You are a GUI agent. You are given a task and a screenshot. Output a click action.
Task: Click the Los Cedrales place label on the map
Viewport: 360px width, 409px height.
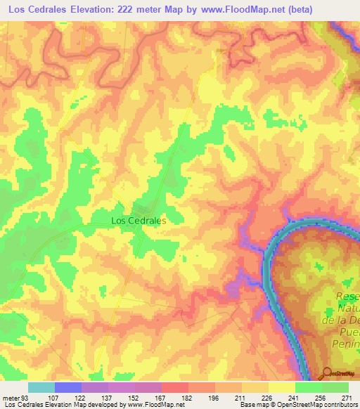point(139,220)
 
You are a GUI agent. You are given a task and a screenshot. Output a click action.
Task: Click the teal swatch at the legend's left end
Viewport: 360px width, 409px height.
point(41,387)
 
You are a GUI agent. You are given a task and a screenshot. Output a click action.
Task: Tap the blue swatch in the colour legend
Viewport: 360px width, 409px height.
point(68,387)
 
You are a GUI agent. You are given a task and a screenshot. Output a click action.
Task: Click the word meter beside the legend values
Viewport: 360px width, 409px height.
point(11,398)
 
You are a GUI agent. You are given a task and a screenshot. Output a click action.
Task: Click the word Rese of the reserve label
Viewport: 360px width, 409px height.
point(347,296)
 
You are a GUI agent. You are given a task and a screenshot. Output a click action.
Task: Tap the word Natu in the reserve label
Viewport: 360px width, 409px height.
point(347,309)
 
